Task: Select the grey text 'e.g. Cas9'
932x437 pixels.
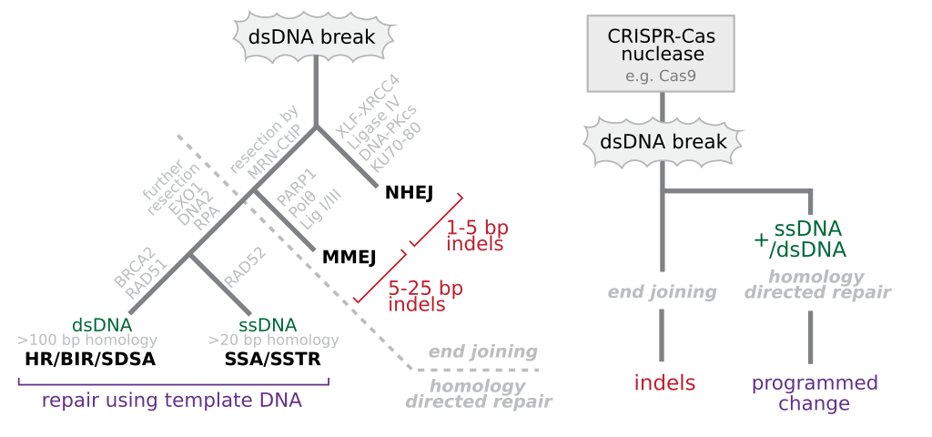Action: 661,76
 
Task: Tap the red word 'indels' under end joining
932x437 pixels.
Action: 664,383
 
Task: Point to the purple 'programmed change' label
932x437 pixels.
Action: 815,392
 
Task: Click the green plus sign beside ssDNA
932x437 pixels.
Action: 762,239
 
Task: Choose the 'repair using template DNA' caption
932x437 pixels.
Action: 172,400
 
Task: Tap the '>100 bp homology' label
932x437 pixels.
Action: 87,340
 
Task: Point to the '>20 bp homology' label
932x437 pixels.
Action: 273,340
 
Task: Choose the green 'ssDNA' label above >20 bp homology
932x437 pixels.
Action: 268,325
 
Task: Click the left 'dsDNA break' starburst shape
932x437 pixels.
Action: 315,36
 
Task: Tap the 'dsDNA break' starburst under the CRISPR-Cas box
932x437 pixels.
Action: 662,142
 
